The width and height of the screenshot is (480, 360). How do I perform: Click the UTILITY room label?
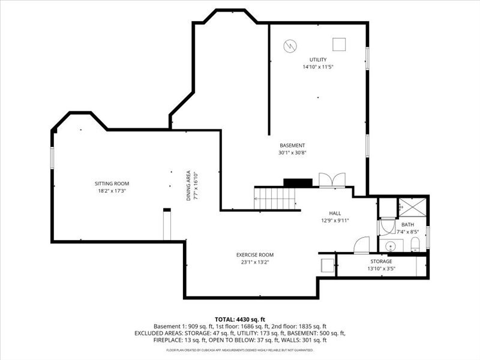tap(318, 59)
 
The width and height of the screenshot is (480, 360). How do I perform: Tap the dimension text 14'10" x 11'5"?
tap(318, 67)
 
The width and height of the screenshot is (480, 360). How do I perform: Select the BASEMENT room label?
tap(292, 145)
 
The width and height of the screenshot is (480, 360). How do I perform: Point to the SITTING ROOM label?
tap(112, 184)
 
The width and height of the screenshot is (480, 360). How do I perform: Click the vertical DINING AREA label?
tap(188, 187)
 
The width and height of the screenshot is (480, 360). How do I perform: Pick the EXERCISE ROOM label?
tap(255, 255)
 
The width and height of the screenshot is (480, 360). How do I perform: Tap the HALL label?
tap(335, 213)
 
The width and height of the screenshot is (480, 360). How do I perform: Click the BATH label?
tap(407, 224)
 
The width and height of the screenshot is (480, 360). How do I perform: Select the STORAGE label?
tap(381, 261)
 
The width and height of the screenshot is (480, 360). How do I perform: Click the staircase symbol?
tap(277, 197)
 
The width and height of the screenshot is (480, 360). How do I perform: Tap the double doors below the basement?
tap(332, 180)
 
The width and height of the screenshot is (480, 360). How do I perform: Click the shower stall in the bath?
tap(412, 208)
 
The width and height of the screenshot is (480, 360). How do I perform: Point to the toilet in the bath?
tap(415, 244)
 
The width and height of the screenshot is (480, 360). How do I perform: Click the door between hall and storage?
tap(362, 245)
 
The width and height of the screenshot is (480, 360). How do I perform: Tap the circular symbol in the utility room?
tap(290, 45)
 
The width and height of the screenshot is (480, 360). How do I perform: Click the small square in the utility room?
tap(340, 44)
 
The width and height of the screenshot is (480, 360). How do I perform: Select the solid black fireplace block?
tap(298, 182)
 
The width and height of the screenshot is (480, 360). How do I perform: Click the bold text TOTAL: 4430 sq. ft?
tap(240, 319)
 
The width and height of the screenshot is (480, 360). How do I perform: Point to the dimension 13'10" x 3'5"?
tap(381, 269)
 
